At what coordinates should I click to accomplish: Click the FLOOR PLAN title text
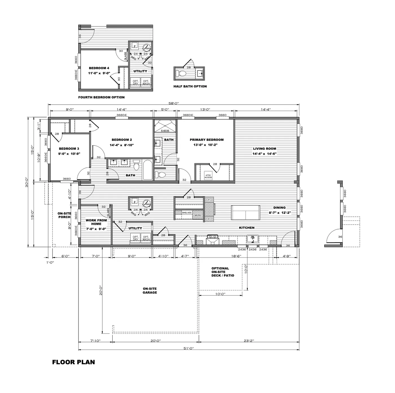[x=73, y=362]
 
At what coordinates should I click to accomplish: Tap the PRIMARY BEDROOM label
[x=207, y=140]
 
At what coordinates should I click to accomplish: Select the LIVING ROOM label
[x=264, y=149]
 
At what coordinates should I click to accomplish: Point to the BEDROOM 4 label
[x=99, y=68]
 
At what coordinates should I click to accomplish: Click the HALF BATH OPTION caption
[x=190, y=86]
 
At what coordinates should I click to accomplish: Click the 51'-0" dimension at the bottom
[x=188, y=348]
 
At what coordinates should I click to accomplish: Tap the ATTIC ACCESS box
[x=208, y=176]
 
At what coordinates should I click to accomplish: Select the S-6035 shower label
[x=165, y=131]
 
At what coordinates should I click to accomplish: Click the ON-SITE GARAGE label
[x=150, y=291]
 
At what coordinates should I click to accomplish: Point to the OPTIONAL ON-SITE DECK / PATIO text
[x=222, y=272]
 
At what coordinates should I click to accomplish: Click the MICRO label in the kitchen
[x=197, y=216]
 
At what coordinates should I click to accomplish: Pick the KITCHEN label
[x=247, y=228]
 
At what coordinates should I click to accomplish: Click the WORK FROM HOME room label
[x=96, y=222]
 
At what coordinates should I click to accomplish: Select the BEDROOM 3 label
[x=69, y=149]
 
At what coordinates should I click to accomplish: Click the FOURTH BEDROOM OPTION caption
[x=101, y=97]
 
